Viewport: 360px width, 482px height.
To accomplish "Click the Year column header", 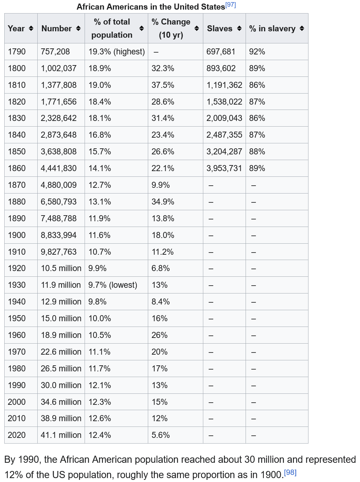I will point(16,28).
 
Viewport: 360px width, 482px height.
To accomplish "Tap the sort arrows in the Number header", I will point(78,28).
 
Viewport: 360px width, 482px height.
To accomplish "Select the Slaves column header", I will point(220,28).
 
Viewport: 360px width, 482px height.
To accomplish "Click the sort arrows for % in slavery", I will point(302,28).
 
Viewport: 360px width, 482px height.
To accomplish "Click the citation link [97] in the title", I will point(231,5).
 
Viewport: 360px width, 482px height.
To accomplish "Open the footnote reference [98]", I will point(290,472).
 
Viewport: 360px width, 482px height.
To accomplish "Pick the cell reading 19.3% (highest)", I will point(117,52).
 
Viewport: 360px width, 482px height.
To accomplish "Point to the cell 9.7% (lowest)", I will point(113,285).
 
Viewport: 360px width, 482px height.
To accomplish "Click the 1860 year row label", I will point(17,168).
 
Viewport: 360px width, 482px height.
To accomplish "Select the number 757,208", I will point(55,52).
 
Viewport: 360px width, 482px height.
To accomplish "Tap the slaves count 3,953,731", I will point(224,168).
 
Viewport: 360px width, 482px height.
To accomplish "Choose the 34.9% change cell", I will point(163,202).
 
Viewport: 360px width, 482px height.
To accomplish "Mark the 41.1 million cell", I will point(61,435).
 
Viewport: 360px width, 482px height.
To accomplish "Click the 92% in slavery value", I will point(257,52).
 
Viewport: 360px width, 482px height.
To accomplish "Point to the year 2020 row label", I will point(17,435).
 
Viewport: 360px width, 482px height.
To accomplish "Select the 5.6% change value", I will point(161,435).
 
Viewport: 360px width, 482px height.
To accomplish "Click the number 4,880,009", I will point(59,185).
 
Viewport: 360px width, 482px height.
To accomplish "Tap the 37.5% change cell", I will point(163,85).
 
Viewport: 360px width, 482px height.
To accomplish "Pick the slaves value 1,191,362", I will point(224,85).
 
